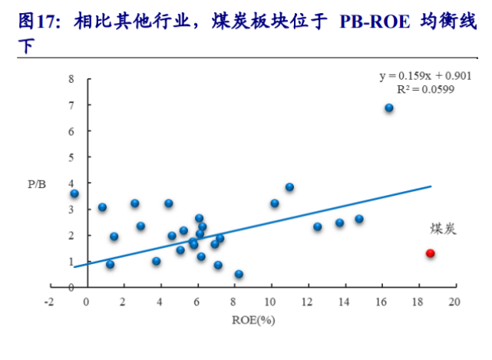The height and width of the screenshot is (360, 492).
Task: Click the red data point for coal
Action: tap(431, 253)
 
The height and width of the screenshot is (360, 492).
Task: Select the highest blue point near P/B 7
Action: tap(389, 108)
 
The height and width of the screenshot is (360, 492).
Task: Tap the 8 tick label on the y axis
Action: tap(71, 79)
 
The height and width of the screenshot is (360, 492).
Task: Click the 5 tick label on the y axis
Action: tap(71, 157)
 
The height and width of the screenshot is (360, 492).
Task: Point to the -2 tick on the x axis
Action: tap(48, 301)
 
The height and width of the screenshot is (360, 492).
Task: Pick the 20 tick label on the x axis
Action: tap(454, 301)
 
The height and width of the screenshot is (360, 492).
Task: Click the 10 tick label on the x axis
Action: tap(270, 301)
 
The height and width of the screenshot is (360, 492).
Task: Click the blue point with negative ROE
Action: tap(74, 193)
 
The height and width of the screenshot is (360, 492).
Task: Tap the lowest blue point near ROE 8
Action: tap(239, 274)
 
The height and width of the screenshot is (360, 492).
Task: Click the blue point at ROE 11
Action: tap(289, 187)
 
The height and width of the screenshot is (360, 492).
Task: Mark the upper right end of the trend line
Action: tap(431, 187)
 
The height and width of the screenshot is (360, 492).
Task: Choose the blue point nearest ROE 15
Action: tap(359, 220)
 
